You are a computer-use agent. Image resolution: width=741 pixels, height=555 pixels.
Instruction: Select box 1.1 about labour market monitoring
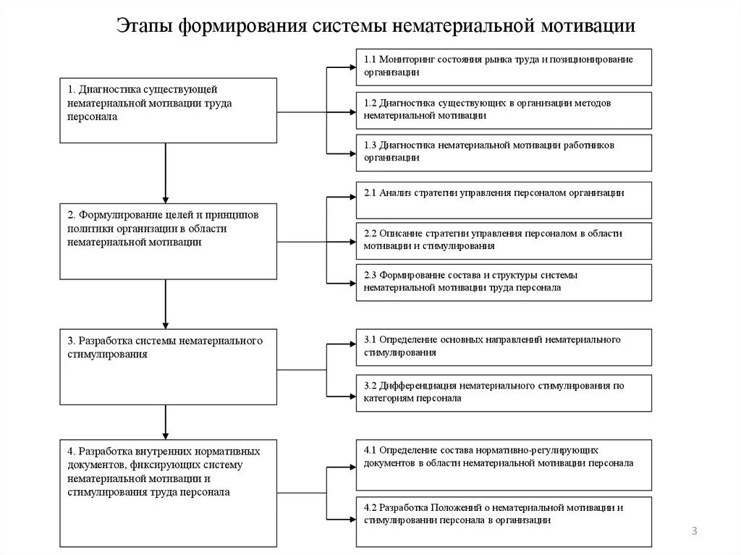click(x=504, y=66)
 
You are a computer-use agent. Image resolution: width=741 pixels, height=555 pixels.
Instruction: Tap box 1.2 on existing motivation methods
click(x=504, y=109)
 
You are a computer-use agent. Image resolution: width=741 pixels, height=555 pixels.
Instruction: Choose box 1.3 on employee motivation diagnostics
click(x=504, y=152)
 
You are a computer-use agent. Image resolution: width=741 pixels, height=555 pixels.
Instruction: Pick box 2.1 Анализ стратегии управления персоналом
click(x=504, y=199)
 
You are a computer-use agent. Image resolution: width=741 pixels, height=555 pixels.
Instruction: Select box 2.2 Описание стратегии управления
click(x=504, y=240)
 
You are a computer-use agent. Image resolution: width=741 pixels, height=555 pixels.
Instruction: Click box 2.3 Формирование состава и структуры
click(x=504, y=282)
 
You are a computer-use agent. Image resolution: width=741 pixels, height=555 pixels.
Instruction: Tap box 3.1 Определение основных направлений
click(x=504, y=347)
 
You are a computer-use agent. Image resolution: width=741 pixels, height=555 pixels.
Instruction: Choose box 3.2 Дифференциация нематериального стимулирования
click(x=504, y=393)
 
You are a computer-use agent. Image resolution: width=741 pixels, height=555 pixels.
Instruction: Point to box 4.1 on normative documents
click(x=504, y=464)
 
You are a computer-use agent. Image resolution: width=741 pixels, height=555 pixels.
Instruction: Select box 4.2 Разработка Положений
click(x=504, y=514)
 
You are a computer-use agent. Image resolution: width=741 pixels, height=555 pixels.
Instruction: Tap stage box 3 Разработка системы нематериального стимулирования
click(x=167, y=366)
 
